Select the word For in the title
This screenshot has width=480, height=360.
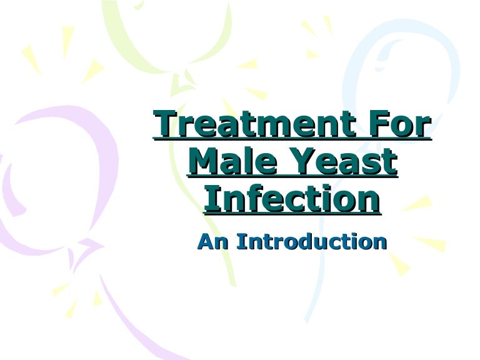[x=402, y=125]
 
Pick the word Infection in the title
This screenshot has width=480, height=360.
[x=292, y=199]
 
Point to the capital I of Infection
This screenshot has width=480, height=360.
[x=210, y=199]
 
